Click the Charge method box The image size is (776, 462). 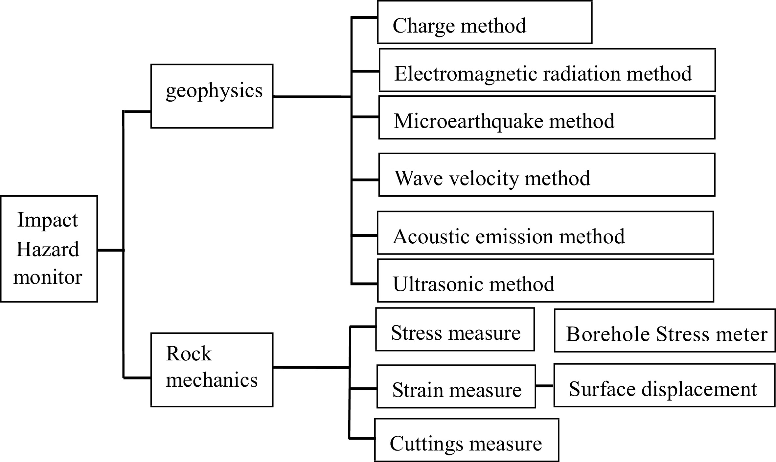(485, 22)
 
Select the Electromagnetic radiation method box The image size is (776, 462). (547, 70)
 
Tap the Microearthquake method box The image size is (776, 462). (547, 118)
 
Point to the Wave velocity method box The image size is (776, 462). (547, 175)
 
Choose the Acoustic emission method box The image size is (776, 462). (545, 233)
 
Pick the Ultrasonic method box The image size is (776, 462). (545, 280)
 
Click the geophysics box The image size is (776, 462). (212, 96)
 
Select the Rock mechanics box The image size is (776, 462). (212, 370)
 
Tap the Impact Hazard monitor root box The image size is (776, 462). (49, 249)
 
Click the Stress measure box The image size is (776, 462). (455, 329)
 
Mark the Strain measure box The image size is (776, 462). (456, 386)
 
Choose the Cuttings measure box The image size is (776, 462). (467, 440)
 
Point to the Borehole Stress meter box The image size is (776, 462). (665, 330)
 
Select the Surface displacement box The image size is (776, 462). (664, 385)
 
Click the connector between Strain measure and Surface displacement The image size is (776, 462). (545, 386)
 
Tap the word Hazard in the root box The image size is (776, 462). (48, 249)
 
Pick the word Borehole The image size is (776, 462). (608, 334)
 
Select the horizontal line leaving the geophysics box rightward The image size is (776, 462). (312, 97)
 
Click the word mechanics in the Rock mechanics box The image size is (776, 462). (212, 380)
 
